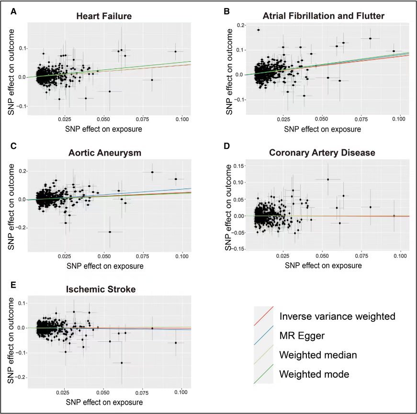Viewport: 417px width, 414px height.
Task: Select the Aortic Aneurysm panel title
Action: (x=104, y=153)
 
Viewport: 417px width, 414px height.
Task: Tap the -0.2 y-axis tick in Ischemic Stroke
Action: (x=21, y=378)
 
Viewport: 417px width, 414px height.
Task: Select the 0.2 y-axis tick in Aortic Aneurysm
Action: (x=23, y=171)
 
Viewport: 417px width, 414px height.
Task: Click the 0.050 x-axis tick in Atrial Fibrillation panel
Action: (x=322, y=119)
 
